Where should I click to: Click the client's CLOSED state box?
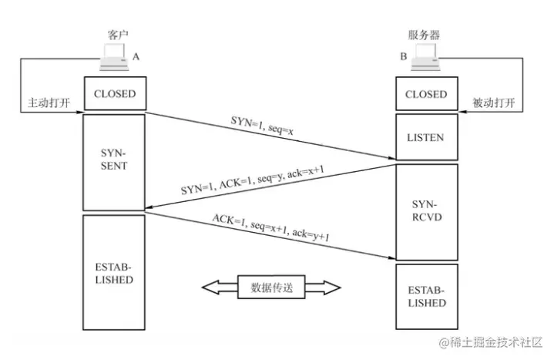[114, 94]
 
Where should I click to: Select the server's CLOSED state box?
[425, 94]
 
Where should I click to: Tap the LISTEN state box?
[425, 137]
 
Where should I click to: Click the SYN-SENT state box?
[114, 160]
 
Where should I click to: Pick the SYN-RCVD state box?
[425, 210]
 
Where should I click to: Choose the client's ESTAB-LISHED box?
[114, 273]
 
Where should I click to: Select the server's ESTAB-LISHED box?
[425, 297]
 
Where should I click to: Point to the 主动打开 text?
[49, 103]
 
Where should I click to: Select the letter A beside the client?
[136, 57]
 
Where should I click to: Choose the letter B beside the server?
[402, 57]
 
